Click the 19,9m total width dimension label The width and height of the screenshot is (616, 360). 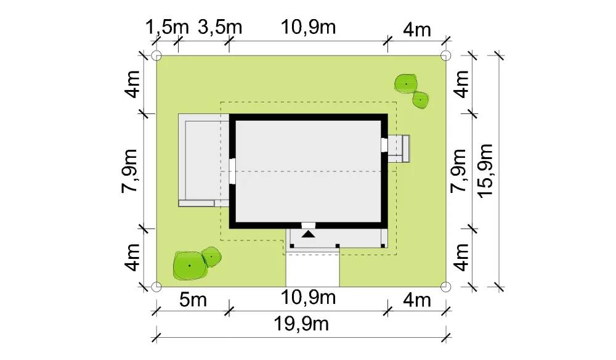(x=301, y=325)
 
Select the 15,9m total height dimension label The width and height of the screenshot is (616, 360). (x=485, y=171)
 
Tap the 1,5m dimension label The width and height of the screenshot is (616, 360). (x=167, y=28)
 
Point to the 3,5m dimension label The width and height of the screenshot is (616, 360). (x=220, y=28)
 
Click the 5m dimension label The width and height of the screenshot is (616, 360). (x=193, y=300)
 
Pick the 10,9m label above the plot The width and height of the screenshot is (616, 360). (x=309, y=28)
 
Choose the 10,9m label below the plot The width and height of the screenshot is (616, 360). (x=309, y=298)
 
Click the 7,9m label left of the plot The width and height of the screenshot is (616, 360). (x=129, y=171)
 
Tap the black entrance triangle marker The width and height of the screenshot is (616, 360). (x=309, y=234)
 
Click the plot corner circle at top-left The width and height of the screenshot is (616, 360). (x=156, y=55)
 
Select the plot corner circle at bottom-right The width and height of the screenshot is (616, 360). (x=445, y=287)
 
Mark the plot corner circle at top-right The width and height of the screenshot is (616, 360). (x=445, y=55)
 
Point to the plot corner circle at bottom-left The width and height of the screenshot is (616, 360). (x=156, y=287)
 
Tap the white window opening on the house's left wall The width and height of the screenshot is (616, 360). (x=232, y=171)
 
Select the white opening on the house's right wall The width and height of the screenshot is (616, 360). (x=384, y=145)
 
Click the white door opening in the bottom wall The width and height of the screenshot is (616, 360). (x=309, y=225)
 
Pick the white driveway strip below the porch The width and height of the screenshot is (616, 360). (x=312, y=269)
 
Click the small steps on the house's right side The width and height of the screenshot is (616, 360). (x=399, y=149)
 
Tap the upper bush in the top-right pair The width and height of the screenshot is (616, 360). (x=406, y=84)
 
